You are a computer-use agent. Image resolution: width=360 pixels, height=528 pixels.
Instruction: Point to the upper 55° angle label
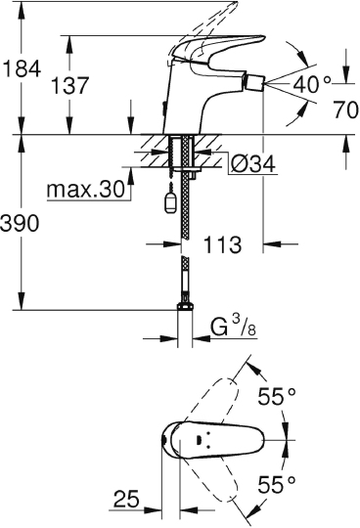[x=276, y=397]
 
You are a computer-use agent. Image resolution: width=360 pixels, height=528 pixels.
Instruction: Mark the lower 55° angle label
[x=276, y=484]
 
